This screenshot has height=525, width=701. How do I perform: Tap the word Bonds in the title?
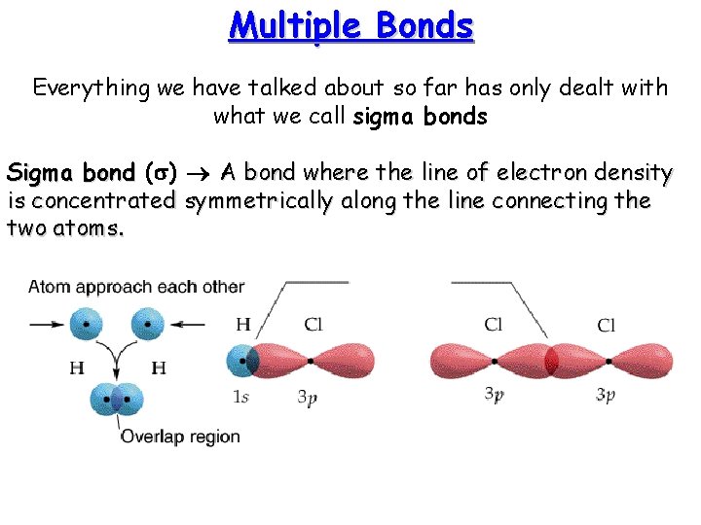coord(426,26)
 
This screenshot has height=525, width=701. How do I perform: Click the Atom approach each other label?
coord(136,287)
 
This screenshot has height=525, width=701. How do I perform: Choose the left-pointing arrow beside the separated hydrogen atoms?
coord(191,325)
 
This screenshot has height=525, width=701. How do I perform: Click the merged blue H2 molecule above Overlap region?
coord(117,400)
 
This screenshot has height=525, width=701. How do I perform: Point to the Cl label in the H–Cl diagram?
coord(313,325)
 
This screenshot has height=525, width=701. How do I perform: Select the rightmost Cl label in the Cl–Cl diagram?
coord(606,325)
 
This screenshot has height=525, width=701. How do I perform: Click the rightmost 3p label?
coord(605,396)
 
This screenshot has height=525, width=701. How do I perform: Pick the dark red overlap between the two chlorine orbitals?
coord(551,361)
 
